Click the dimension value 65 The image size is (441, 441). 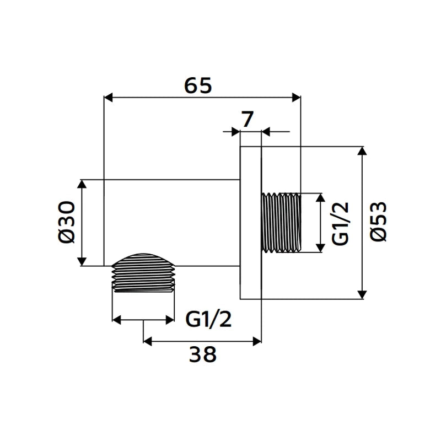click(x=198, y=85)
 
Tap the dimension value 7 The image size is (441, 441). click(x=248, y=119)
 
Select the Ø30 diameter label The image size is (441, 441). click(x=67, y=222)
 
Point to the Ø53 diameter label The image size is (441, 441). click(x=379, y=222)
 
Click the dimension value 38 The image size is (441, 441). click(x=202, y=354)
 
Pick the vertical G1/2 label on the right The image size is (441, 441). click(x=340, y=223)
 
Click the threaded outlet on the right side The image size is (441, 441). click(x=281, y=223)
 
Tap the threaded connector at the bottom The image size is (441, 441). click(x=143, y=273)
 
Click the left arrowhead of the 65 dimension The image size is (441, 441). click(x=108, y=98)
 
